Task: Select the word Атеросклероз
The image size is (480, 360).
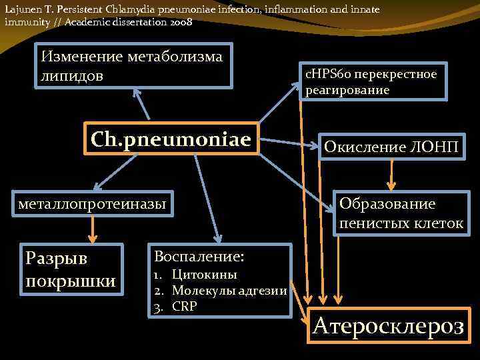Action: tap(389, 326)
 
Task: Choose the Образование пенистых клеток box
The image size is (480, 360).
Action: tap(400, 213)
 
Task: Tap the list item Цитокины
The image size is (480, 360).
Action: tap(204, 275)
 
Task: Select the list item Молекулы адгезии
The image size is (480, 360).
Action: tap(229, 290)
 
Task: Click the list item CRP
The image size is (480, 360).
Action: tap(184, 307)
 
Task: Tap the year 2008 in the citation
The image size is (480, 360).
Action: tap(181, 21)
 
